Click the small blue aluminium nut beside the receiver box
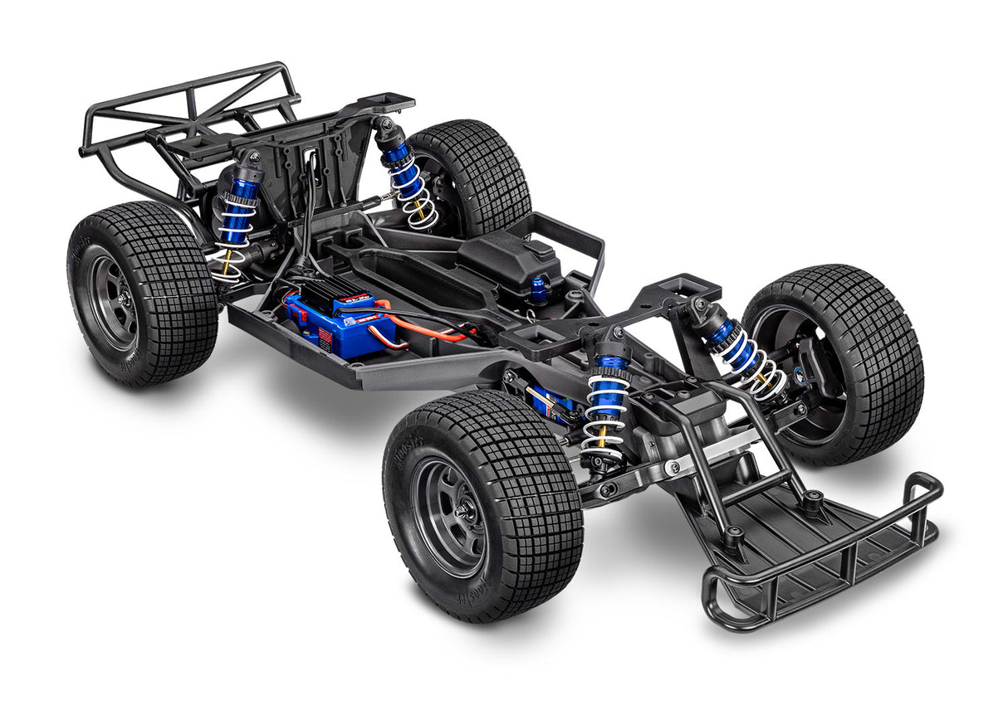pyautogui.click(x=540, y=289)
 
